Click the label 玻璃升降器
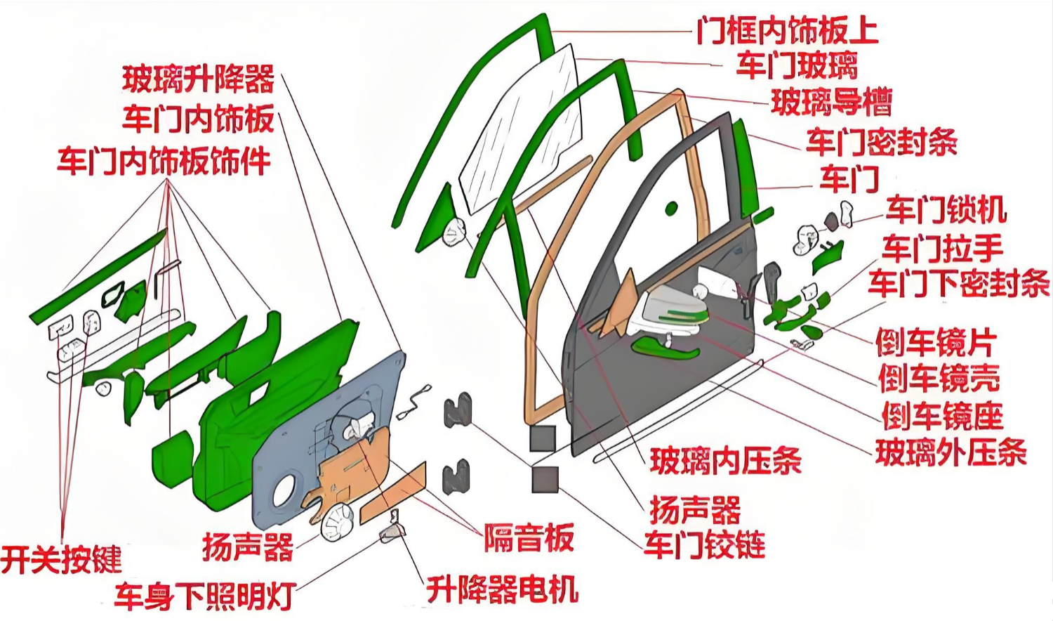click(199, 79)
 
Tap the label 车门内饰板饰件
click(164, 162)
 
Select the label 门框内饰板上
click(787, 31)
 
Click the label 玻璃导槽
click(831, 102)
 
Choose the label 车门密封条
click(881, 142)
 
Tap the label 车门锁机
click(946, 209)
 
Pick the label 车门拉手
click(943, 248)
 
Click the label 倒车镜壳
click(939, 379)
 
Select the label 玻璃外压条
click(951, 453)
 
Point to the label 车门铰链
click(704, 545)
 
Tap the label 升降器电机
click(502, 589)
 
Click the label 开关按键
click(61, 560)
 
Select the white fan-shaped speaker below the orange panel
click(338, 523)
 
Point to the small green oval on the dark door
click(672, 208)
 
